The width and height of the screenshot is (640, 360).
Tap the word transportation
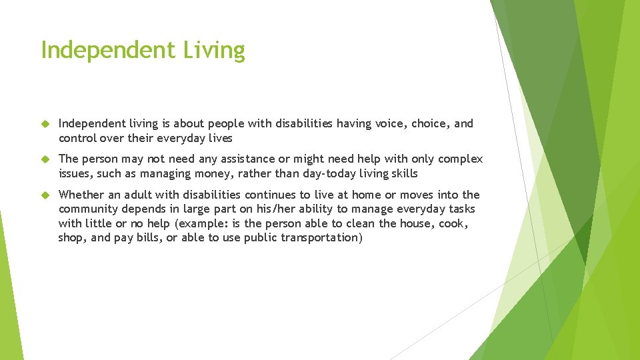click(319, 238)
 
